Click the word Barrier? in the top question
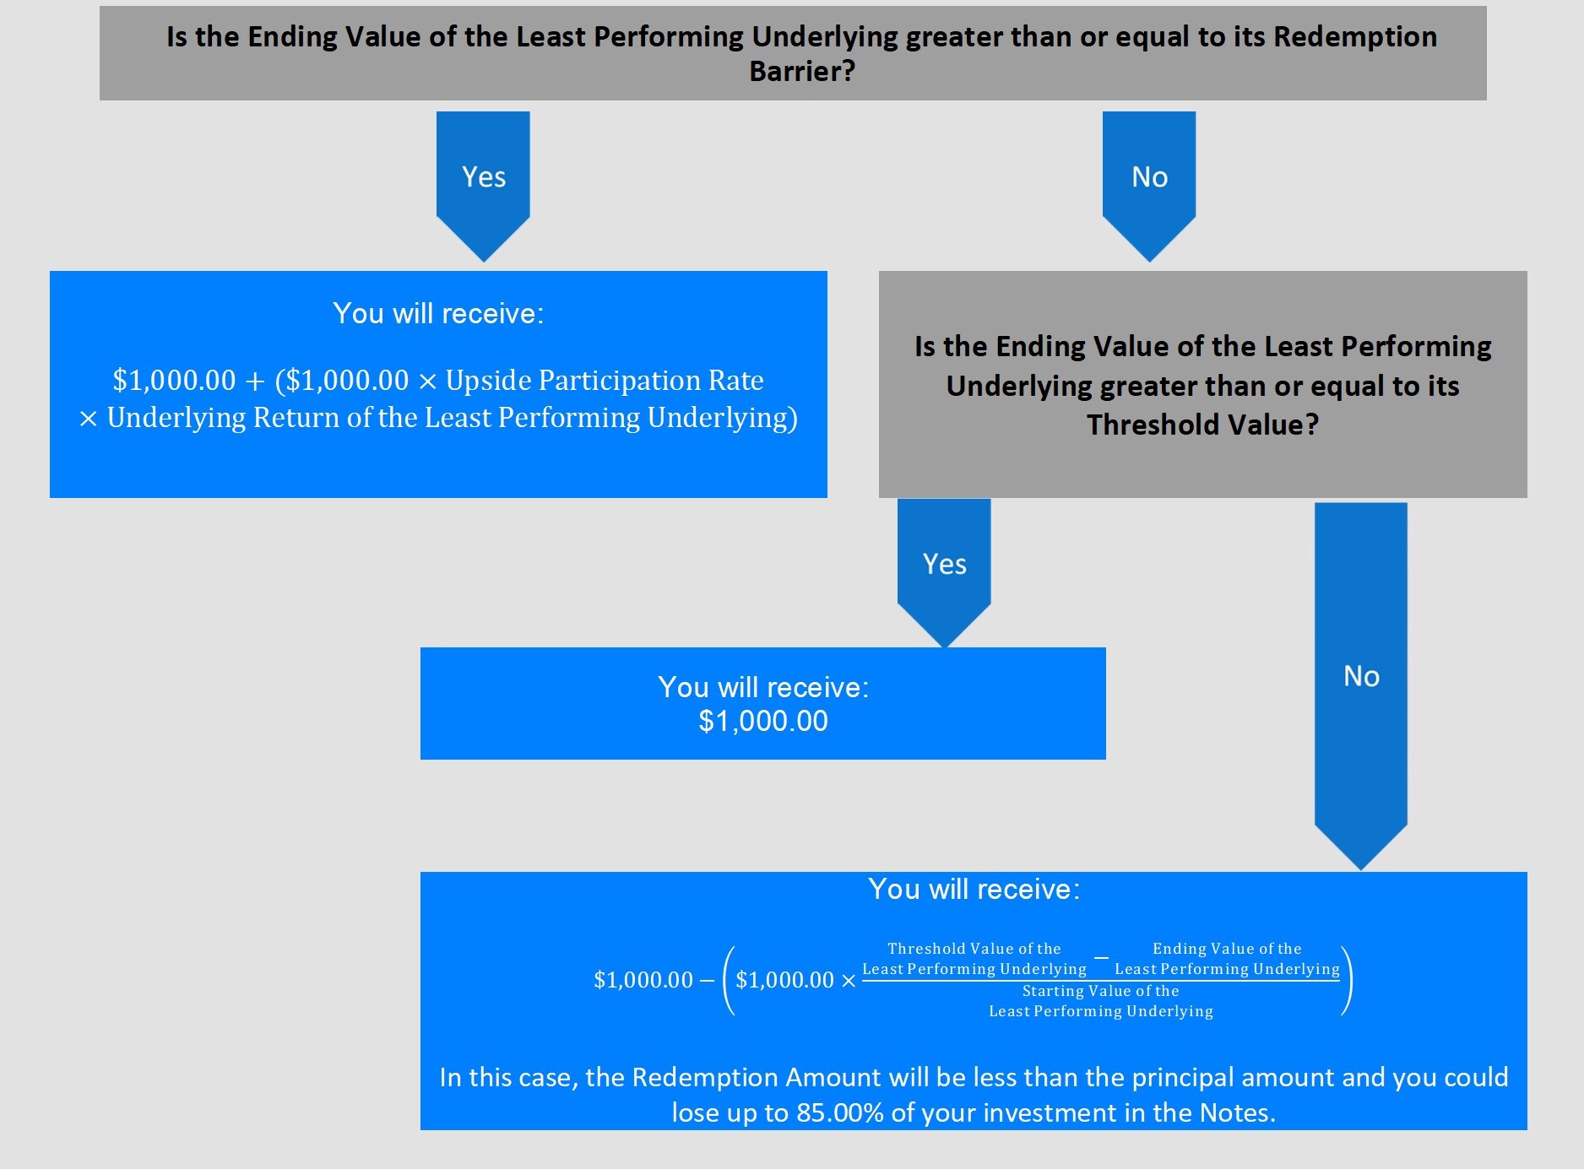pos(802,71)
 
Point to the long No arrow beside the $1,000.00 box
pos(1361,676)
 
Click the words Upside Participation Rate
pos(605,381)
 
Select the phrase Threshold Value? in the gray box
pos(1202,425)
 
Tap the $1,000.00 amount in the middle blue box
pos(763,722)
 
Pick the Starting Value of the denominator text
pos(1100,991)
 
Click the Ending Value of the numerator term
pos(1227,949)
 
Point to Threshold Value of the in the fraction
pos(974,949)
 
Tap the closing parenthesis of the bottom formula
pos(1347,980)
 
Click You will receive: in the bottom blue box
pos(974,890)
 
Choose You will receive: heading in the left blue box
pos(438,314)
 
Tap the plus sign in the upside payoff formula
pos(255,382)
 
